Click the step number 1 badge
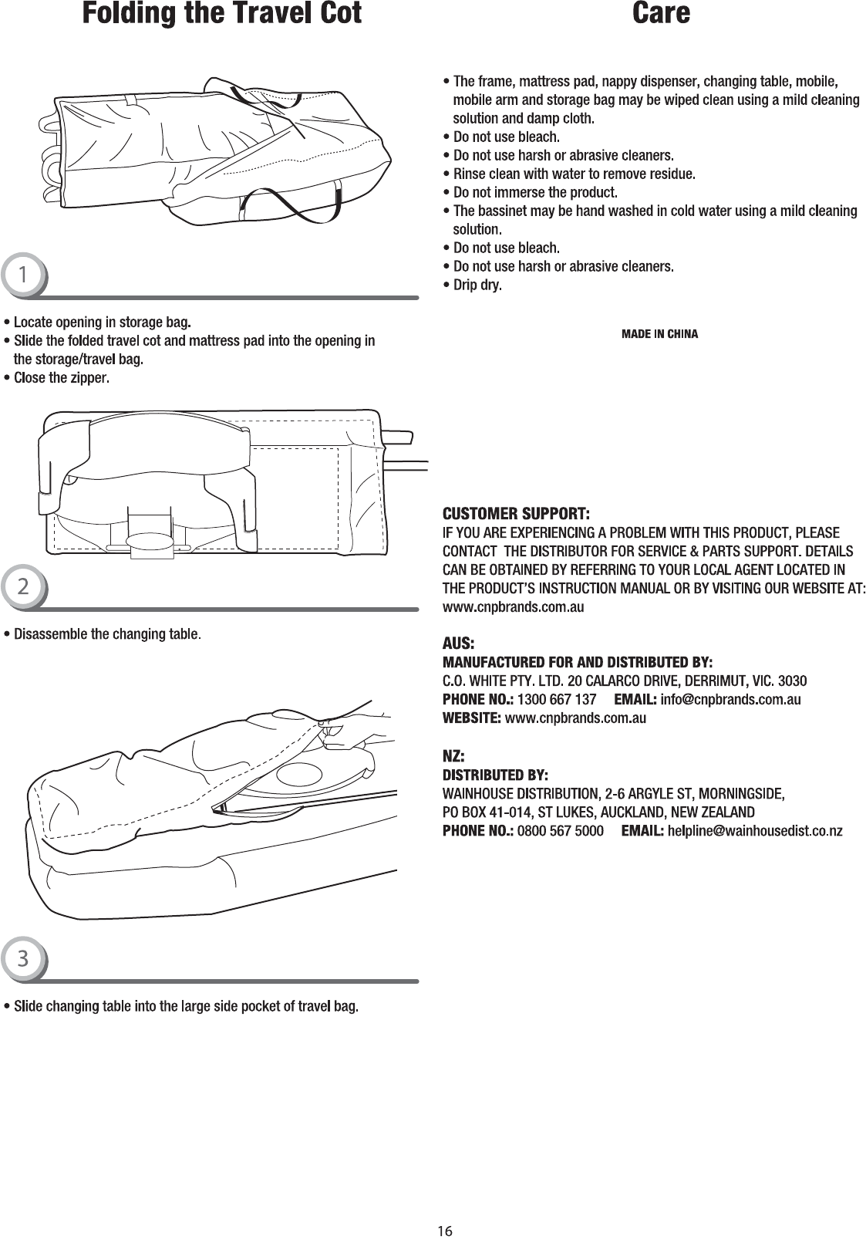23,275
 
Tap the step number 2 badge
23,587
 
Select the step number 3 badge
23,959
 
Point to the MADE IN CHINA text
659,335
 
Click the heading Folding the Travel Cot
222,13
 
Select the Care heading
661,13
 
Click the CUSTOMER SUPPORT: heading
516,514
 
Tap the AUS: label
458,643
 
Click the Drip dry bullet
477,285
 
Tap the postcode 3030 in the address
794,681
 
